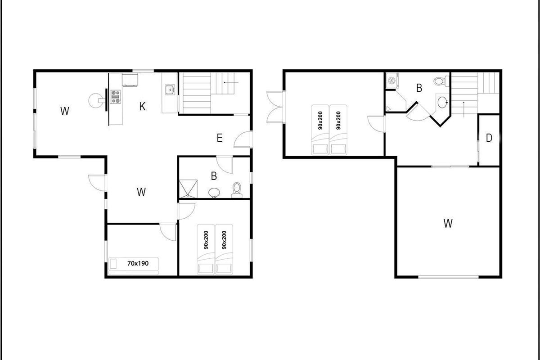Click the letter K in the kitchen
[x=143, y=106]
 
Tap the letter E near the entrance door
[x=220, y=138]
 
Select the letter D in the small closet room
[x=489, y=138]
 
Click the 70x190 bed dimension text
[x=138, y=263]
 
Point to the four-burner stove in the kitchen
[x=116, y=97]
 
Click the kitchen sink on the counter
[x=170, y=90]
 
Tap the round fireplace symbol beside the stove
[x=96, y=100]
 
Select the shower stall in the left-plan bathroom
[x=188, y=189]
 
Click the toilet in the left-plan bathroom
[x=237, y=190]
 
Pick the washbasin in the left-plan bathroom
[x=214, y=193]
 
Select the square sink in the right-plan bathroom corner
[x=392, y=80]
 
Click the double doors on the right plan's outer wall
[x=275, y=107]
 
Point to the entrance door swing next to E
[x=243, y=139]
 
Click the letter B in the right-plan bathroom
[x=419, y=88]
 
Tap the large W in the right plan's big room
[x=448, y=223]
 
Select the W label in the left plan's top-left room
[x=65, y=111]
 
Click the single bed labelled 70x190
[x=134, y=266]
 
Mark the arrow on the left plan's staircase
[x=231, y=82]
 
